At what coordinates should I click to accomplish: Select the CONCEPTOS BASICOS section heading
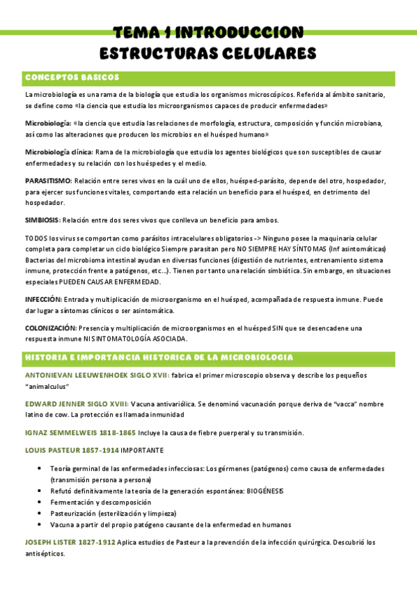click(72, 77)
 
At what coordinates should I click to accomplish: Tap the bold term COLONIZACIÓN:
click(51, 328)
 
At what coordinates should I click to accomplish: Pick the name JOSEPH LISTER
click(52, 542)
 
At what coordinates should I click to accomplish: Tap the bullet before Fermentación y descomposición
click(41, 502)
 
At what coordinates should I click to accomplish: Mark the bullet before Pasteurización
click(41, 514)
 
